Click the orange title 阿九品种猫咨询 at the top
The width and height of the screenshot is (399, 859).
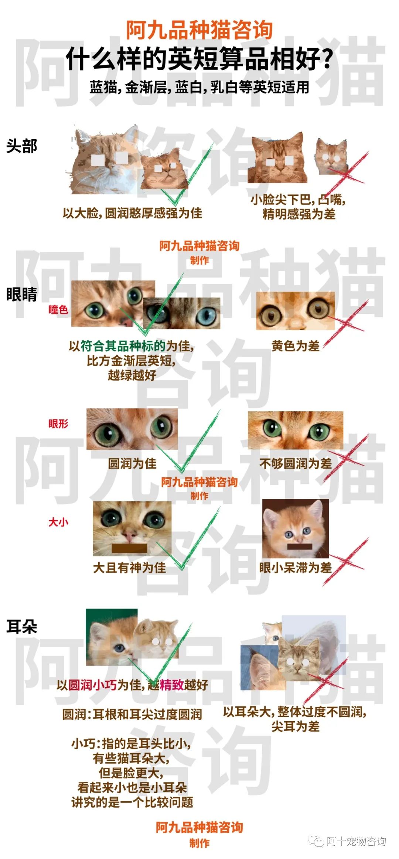199,30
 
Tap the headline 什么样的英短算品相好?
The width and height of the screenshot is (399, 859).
199,59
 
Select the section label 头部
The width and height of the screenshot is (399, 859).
22,146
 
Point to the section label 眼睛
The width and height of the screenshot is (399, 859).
22,294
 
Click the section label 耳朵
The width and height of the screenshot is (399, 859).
22,627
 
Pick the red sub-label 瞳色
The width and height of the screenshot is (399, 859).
58,309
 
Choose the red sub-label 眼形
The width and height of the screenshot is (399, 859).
58,423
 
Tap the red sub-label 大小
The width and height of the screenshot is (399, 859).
58,522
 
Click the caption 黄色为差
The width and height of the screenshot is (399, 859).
296,346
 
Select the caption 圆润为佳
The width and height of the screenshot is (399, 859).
132,463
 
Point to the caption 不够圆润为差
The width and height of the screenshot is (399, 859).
296,463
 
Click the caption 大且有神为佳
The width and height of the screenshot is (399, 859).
130,567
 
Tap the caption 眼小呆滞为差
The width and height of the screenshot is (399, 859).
296,567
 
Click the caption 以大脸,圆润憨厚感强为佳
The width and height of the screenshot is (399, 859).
132,213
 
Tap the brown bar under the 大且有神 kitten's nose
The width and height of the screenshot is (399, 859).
129,548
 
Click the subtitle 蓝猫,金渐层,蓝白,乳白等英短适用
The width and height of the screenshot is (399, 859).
199,88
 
